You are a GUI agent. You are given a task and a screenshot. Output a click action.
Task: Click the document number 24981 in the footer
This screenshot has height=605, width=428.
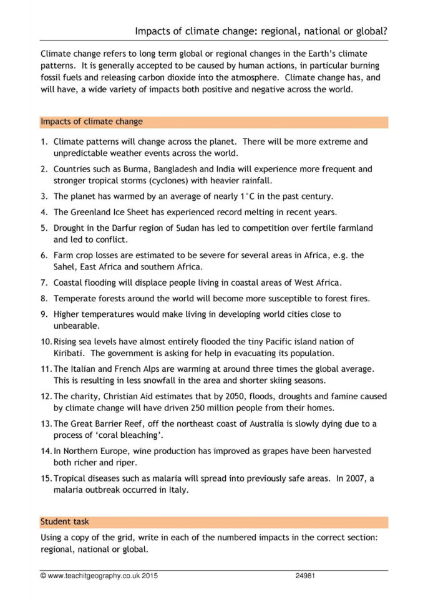305,576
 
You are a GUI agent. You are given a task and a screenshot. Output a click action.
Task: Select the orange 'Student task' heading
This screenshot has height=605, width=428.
65,521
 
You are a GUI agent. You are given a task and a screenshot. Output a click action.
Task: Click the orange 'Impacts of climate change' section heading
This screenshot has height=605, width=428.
92,122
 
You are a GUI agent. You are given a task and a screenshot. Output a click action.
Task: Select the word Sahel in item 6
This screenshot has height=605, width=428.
67,266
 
